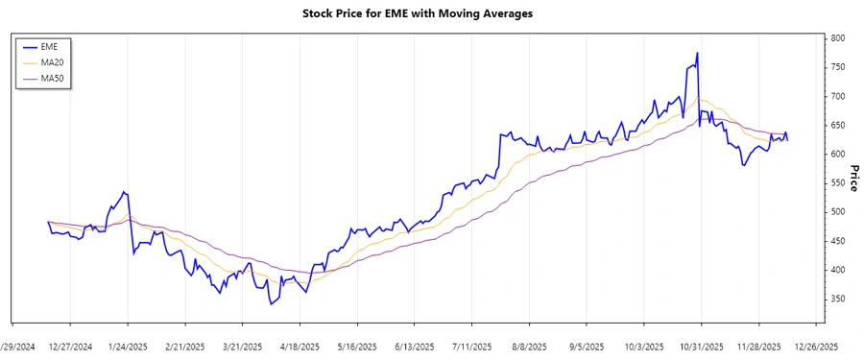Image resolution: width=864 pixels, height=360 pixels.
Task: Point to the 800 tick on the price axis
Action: click(838, 38)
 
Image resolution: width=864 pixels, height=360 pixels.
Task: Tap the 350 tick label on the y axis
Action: click(838, 300)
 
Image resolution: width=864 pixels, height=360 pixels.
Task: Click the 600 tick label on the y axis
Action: click(838, 155)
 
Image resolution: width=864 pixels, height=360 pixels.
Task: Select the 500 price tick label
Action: click(838, 212)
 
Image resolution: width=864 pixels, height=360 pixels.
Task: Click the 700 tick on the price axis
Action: click(838, 96)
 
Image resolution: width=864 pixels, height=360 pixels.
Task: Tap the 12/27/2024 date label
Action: click(70, 346)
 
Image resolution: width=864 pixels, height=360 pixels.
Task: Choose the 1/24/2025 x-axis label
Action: click(128, 346)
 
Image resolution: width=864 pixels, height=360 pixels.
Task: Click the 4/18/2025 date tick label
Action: click(300, 346)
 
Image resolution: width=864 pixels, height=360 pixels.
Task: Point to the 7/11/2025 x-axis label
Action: click(471, 346)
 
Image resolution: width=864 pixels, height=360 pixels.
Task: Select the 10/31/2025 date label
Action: click(701, 346)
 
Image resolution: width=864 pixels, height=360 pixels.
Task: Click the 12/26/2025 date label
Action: click(815, 346)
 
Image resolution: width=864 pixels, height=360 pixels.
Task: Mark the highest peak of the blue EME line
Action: click(697, 54)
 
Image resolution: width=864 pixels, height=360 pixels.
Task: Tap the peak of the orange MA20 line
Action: click(701, 99)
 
